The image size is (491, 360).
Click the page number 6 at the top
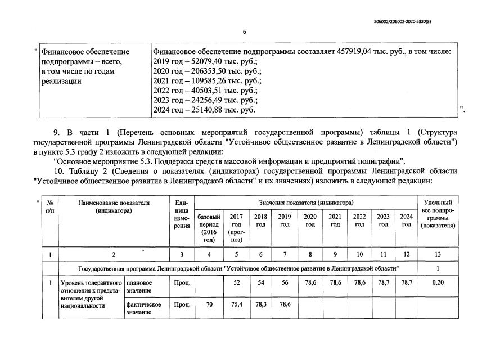click(x=245, y=32)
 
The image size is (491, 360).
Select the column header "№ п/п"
click(x=50, y=206)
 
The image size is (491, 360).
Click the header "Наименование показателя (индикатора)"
click(x=114, y=206)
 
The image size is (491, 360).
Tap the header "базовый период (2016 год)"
click(x=209, y=228)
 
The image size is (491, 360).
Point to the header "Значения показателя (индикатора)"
click(x=305, y=202)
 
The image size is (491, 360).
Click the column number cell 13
click(x=437, y=255)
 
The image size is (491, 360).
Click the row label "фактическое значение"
click(x=143, y=308)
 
